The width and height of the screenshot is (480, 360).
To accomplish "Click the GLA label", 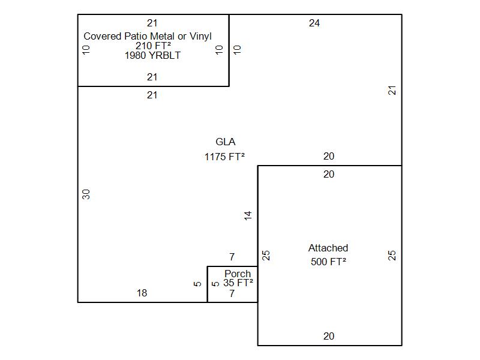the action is tap(226, 142).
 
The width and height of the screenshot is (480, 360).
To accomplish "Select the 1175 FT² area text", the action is tap(224, 157).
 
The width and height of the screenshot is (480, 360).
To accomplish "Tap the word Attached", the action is tap(328, 248).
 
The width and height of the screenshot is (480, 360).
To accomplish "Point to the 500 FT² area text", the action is tap(328, 262).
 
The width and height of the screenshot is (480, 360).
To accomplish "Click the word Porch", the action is tap(238, 274).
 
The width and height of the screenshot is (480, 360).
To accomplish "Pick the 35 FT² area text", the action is tap(238, 283).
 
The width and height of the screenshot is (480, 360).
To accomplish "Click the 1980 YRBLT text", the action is tap(152, 55).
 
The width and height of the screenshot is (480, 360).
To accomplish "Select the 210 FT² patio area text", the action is tap(153, 46).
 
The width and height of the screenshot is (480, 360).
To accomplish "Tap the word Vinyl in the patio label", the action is tap(200, 37).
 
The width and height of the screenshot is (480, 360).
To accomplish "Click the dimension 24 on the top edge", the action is tap(314, 23).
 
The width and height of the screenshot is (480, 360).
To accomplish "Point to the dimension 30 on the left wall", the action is tap(86, 194).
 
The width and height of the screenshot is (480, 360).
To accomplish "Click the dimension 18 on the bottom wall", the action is tap(142, 293).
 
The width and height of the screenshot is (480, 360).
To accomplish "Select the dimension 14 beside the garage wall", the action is tap(248, 215).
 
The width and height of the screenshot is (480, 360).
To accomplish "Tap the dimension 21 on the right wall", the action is tap(392, 91).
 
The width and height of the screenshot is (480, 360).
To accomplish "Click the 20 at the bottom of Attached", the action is tap(329, 336).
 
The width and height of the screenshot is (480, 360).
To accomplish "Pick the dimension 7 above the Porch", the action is tap(232, 257).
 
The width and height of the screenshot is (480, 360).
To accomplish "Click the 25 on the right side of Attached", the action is tap(392, 256).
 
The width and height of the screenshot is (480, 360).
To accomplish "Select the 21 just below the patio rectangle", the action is tap(152, 95).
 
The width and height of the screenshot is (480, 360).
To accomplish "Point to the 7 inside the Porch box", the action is tap(232, 293).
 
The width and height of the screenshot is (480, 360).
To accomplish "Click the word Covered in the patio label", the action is tap(103, 36).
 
